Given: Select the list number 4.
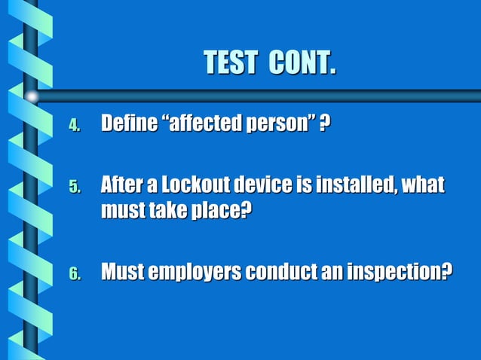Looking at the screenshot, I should coord(75,125).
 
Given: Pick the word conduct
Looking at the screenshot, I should coord(290,271).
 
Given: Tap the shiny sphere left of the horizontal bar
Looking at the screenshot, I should coord(32,96).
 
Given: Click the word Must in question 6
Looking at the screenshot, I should coord(123,271).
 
